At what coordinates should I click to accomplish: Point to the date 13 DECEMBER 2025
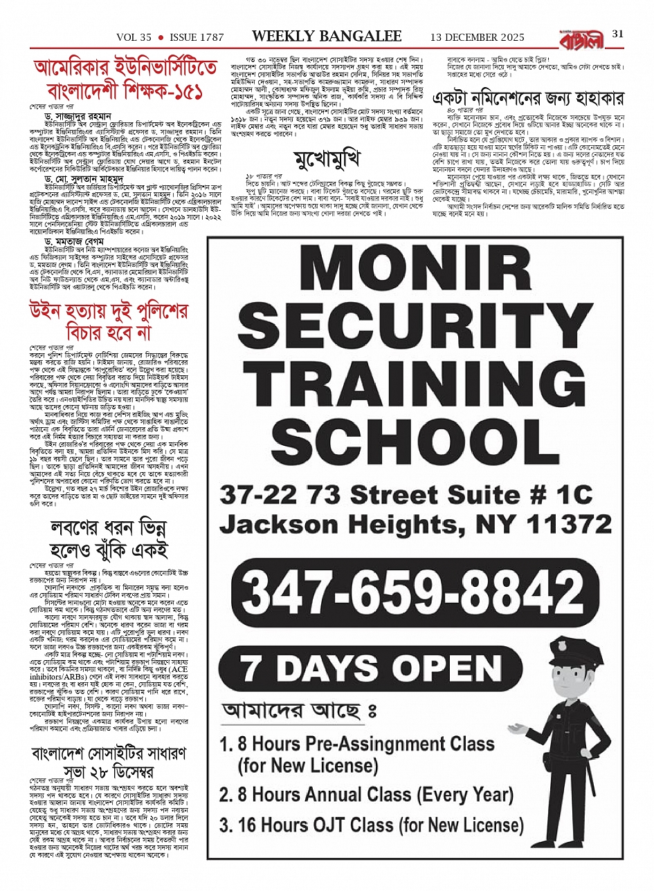click(x=477, y=37)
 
